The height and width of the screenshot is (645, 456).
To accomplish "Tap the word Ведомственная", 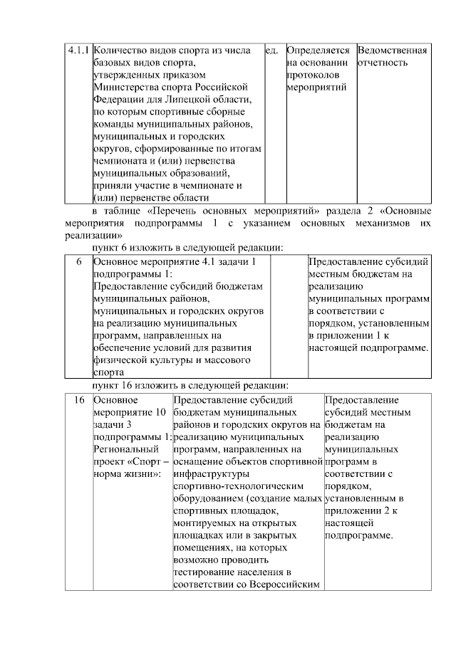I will [x=393, y=51].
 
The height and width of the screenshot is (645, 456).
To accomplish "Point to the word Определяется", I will [x=318, y=51].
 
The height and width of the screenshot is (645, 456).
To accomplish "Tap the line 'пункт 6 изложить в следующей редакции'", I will [x=188, y=247].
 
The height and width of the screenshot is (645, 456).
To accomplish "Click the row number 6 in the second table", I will [x=78, y=261].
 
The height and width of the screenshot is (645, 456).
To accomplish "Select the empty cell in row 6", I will [x=288, y=316].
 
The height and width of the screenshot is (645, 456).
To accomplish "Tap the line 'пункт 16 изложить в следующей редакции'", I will [x=190, y=384].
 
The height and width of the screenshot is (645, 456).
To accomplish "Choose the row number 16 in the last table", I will [x=78, y=399].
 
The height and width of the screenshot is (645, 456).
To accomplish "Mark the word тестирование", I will [x=207, y=572].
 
